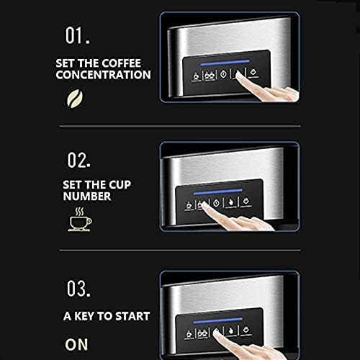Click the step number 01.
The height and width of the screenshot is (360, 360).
(78, 35)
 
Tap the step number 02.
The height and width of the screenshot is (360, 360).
(79, 160)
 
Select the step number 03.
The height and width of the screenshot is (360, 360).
(78, 289)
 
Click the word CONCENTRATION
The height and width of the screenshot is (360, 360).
(103, 74)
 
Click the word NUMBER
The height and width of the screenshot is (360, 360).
(87, 196)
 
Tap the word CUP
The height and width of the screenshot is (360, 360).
(120, 184)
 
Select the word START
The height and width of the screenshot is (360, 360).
(132, 316)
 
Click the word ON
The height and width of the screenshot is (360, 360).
(76, 344)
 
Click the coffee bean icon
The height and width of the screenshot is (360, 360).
(75, 99)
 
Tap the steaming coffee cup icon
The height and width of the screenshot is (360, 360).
(80, 220)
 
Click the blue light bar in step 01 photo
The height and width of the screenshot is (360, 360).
(225, 63)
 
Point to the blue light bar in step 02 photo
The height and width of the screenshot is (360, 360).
(217, 192)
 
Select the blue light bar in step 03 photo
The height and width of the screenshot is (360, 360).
(217, 320)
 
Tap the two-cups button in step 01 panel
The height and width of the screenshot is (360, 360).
(210, 76)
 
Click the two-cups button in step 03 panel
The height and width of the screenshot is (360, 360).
(202, 333)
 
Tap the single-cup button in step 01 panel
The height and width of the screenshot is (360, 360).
(196, 76)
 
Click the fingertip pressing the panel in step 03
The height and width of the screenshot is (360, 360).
(217, 333)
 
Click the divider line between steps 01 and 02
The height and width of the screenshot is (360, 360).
(180, 126)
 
